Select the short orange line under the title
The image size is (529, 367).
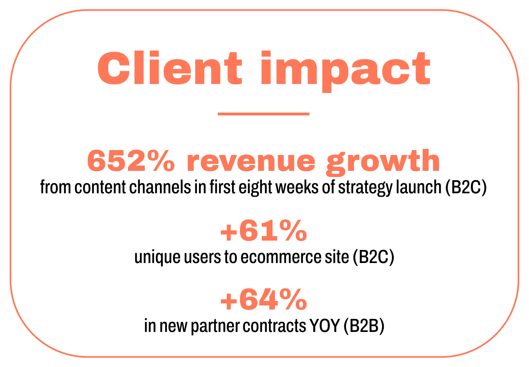[264, 114]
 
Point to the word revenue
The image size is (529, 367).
[251, 161]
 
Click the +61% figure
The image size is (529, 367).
[264, 231]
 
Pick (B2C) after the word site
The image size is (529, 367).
[374, 258]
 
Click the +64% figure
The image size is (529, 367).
[264, 301]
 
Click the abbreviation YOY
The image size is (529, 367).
[325, 327]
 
